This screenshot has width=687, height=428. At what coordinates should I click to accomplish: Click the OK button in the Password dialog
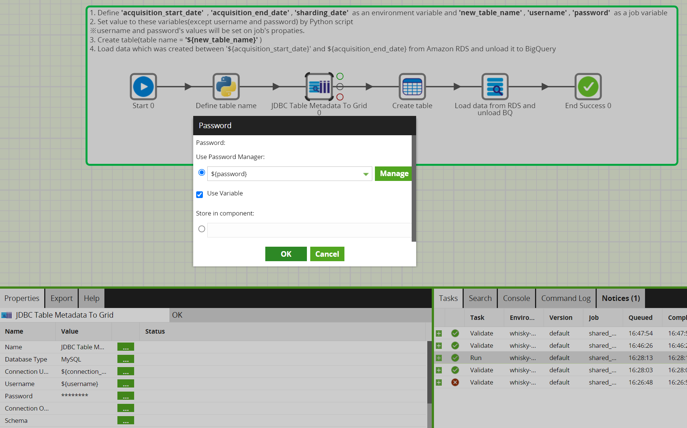pyautogui.click(x=286, y=254)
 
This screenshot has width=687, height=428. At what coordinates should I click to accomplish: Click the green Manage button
pyautogui.click(x=393, y=174)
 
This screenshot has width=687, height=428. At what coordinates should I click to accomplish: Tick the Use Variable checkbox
pyautogui.click(x=200, y=194)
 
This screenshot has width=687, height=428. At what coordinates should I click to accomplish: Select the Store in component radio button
pyautogui.click(x=202, y=229)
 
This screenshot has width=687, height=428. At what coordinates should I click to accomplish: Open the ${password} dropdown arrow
pyautogui.click(x=366, y=174)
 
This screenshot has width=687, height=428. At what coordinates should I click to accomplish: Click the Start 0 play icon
pyautogui.click(x=143, y=87)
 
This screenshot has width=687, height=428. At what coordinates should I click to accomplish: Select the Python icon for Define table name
pyautogui.click(x=226, y=87)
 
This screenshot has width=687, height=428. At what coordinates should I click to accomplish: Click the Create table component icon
pyautogui.click(x=412, y=87)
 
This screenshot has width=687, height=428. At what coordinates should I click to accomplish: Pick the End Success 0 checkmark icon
pyautogui.click(x=588, y=87)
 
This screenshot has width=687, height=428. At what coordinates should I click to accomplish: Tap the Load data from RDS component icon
pyautogui.click(x=495, y=87)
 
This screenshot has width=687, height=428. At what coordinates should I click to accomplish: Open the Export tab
pyautogui.click(x=62, y=298)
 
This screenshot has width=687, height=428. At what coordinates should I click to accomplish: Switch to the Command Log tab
pyautogui.click(x=566, y=298)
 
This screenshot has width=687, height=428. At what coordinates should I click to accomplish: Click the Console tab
pyautogui.click(x=516, y=298)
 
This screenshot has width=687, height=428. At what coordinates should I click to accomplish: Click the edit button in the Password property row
pyautogui.click(x=126, y=396)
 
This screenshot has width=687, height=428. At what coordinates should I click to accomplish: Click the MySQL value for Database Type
pyautogui.click(x=71, y=359)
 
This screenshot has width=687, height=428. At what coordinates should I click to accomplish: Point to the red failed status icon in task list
pyautogui.click(x=455, y=382)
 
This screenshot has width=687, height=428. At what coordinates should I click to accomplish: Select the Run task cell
pyautogui.click(x=476, y=358)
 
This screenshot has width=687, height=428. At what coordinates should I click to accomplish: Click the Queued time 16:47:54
pyautogui.click(x=641, y=333)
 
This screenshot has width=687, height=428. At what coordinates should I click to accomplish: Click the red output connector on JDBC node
pyautogui.click(x=340, y=97)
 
